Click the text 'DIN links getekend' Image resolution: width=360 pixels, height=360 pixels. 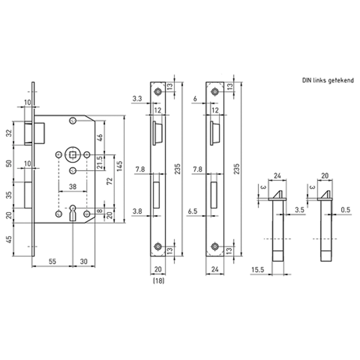(x=328, y=80)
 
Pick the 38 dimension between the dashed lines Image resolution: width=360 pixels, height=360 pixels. (x=72, y=187)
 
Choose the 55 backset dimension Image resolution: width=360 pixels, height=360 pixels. (x=52, y=261)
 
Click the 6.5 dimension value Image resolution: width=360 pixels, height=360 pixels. (x=193, y=211)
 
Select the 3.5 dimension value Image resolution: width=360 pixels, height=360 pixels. (x=300, y=209)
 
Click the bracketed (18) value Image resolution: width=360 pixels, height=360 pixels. (x=158, y=281)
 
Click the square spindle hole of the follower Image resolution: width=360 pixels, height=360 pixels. (x=72, y=155)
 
